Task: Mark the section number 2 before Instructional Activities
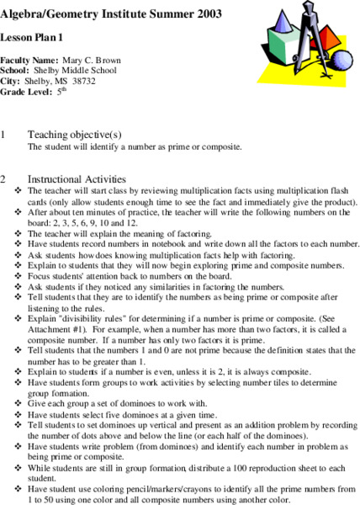pos(4,178)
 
